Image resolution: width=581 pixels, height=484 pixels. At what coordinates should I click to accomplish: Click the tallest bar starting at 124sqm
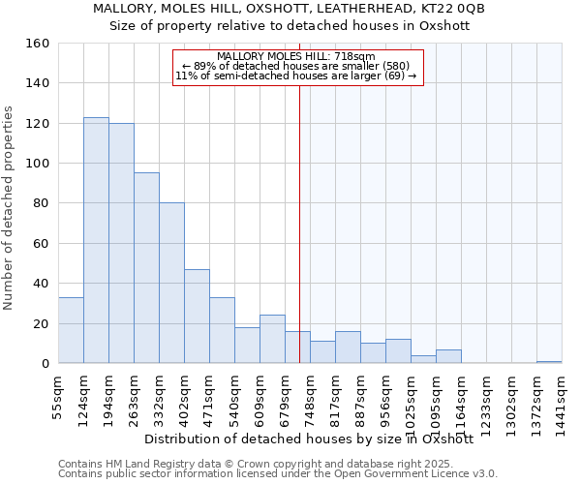pos(96,240)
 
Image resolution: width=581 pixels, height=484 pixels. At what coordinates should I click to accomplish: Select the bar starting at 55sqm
pos(71,330)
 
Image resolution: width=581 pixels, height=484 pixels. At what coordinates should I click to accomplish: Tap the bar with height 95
pos(146,268)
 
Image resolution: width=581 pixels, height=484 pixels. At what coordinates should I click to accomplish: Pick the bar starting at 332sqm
pos(171,283)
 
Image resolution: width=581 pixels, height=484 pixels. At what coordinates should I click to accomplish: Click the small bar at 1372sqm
pos(549,362)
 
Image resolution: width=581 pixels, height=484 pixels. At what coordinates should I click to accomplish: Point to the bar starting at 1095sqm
pos(448,356)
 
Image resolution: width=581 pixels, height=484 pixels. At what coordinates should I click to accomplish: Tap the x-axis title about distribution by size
pos(308,439)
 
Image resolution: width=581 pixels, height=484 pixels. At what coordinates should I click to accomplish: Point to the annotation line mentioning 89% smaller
pos(298,66)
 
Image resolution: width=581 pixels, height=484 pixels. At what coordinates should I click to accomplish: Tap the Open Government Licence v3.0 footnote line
pos(278,473)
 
